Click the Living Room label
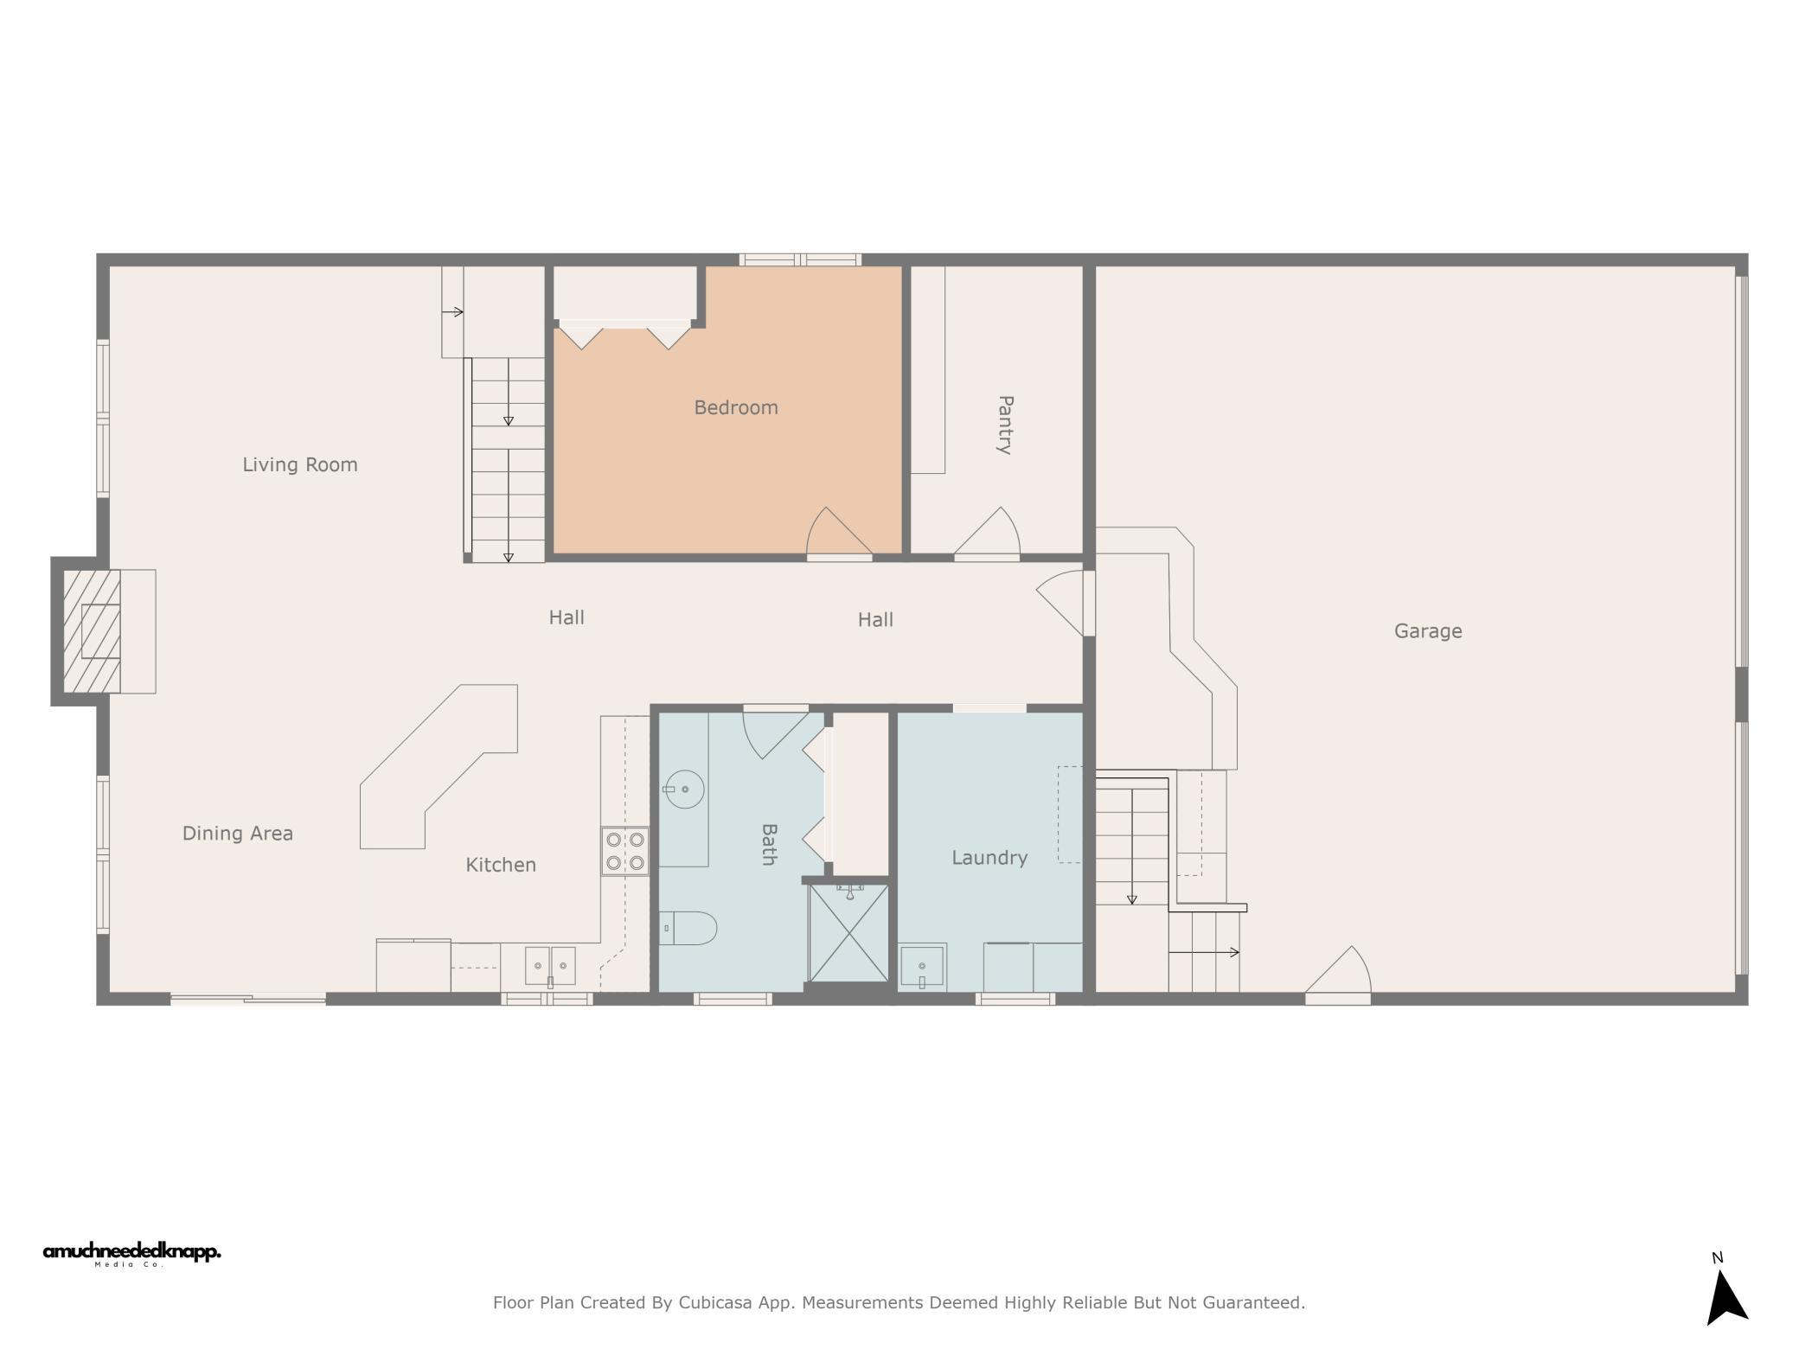pos(299,464)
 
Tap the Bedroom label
pos(736,407)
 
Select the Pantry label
pos(1005,425)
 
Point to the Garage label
pos(1428,631)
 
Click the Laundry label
pos(989,858)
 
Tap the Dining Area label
pos(238,834)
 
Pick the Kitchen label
pos(501,865)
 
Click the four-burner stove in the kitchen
pos(625,851)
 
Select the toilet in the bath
pos(688,929)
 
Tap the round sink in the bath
pos(684,790)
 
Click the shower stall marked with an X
pos(848,932)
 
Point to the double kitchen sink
pos(550,966)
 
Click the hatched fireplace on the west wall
pos(92,631)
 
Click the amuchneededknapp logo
pos(132,1254)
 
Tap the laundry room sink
pos(922,967)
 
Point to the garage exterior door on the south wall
pos(1337,975)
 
